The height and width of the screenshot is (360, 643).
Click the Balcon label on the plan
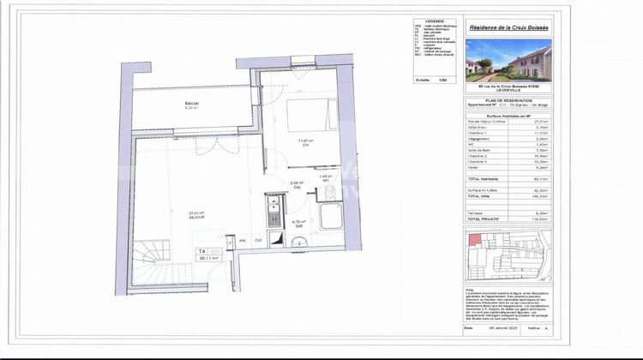[192, 105]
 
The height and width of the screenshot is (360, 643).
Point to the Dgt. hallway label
[296, 186]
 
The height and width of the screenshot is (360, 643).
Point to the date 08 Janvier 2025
[502, 327]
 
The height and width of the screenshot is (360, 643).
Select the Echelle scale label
[423, 79]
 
